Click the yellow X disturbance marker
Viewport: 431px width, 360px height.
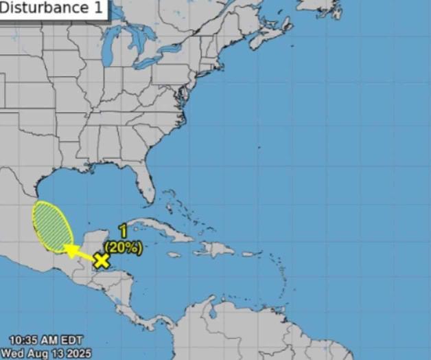102,260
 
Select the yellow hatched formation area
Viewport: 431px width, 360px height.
52,225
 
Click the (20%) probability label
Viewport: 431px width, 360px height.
123,245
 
